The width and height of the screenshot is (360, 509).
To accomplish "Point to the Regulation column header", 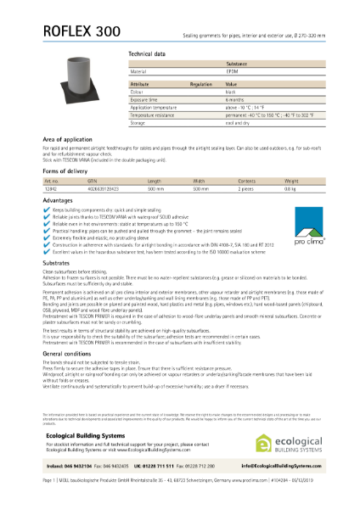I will pyautogui.click(x=201, y=86).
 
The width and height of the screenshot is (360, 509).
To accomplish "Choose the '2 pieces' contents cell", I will pyautogui.click(x=251, y=188).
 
